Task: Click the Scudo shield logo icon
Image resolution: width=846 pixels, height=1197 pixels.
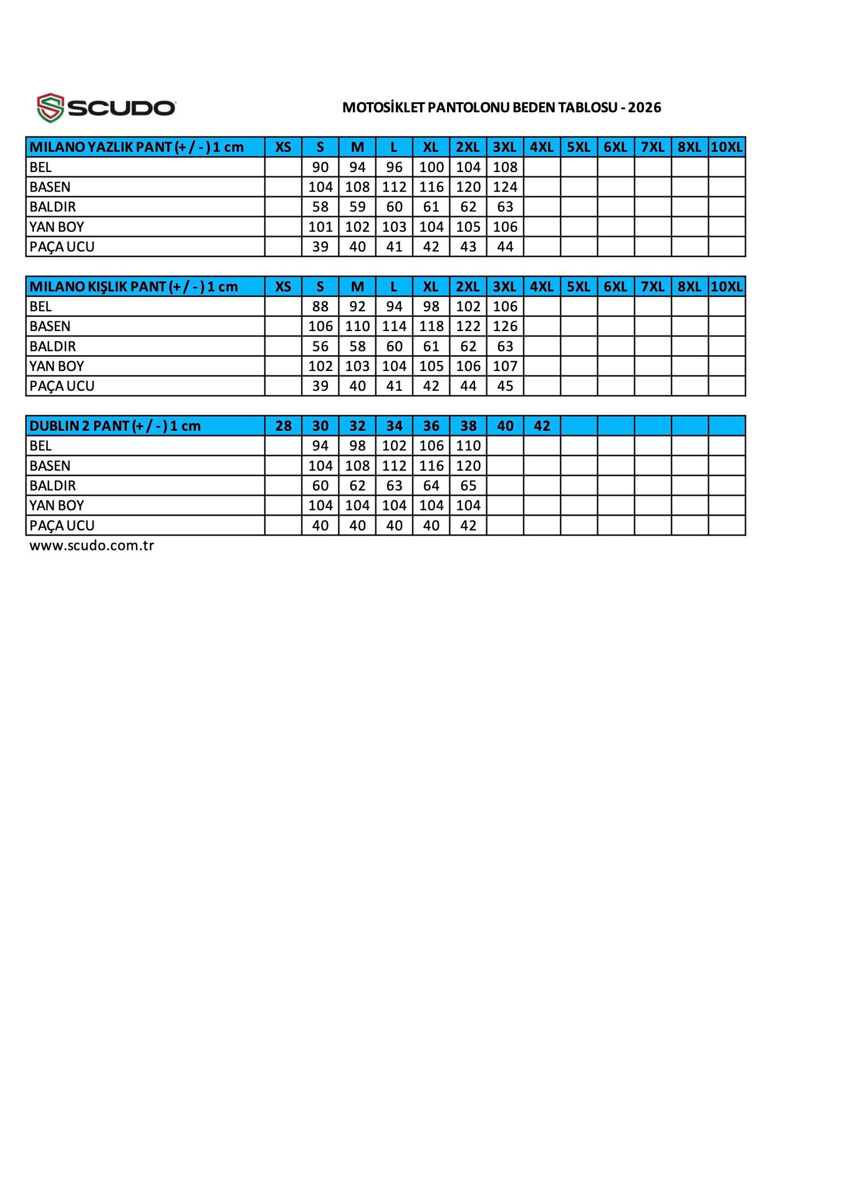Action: coord(50,108)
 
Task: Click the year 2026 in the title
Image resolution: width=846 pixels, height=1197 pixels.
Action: coord(644,107)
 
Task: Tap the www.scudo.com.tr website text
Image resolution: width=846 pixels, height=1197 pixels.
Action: coord(92,546)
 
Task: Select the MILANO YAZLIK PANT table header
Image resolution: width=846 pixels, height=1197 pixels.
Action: coord(137,147)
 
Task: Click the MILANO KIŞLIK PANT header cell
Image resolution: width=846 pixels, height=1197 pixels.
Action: coord(133,287)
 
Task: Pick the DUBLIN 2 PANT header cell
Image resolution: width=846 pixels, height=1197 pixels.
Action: coord(115,426)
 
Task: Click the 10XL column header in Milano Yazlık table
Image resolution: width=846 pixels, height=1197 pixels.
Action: coord(726,147)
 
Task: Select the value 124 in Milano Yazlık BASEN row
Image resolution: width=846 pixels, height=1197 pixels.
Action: coord(505,187)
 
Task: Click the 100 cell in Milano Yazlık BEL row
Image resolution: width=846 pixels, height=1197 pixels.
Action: coord(431,167)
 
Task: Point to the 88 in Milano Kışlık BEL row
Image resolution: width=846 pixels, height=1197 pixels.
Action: coord(320,307)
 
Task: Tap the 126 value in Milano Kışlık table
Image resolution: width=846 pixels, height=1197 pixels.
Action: coord(505,327)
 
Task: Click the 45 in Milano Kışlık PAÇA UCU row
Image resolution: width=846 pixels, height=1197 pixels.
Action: coord(505,386)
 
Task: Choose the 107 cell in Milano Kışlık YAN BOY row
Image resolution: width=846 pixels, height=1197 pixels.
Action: coord(505,366)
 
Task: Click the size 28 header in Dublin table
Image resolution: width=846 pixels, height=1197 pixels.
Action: coord(283,426)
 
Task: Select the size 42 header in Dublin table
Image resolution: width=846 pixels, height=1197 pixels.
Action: coord(542,426)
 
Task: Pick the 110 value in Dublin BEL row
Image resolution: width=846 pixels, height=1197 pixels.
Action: coord(468,446)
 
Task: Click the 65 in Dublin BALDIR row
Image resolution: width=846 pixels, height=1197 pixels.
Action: coord(468,486)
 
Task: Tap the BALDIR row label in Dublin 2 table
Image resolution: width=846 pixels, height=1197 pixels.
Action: coord(52,486)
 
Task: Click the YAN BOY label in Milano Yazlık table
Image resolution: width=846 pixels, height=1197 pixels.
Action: coord(57,227)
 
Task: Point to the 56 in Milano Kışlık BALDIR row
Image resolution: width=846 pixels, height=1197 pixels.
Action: coord(320,347)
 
